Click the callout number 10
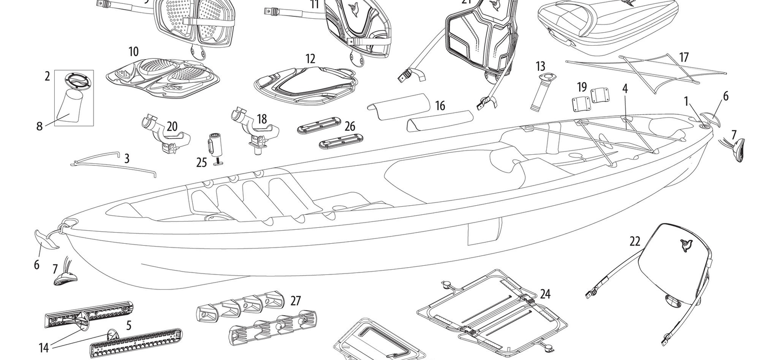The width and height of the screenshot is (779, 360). pos(134,51)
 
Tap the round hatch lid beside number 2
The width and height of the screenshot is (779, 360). pos(74,80)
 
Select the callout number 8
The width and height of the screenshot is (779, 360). pos(39,126)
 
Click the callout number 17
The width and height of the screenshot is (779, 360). pos(684,58)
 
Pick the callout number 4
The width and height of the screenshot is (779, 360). pos(625,88)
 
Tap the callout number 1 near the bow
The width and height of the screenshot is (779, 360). pos(687,100)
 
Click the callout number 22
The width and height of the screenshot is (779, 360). pos(635,242)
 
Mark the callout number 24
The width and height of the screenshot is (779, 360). pos(545,294)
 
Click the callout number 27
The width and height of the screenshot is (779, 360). pos(296,301)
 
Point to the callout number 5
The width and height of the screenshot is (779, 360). pos(129,325)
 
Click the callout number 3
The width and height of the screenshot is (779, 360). pos(126,159)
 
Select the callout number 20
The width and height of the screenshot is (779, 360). pos(172,127)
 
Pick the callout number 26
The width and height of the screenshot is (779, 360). pos(350,126)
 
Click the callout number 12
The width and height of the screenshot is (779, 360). pos(310,59)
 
